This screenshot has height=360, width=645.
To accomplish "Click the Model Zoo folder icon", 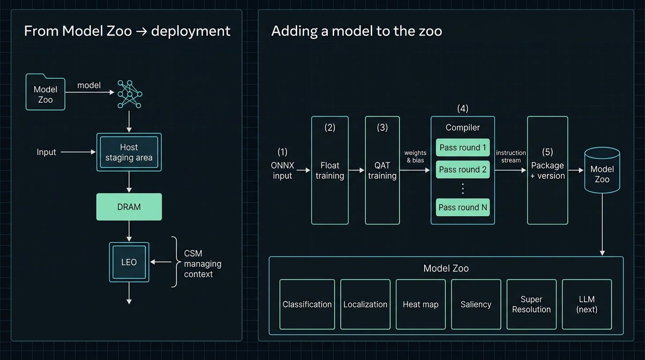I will tap(45, 93).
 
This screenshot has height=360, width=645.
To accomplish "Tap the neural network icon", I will tap(129, 94).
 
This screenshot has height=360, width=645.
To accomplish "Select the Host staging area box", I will tap(129, 152).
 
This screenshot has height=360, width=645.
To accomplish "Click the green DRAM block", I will tap(129, 207).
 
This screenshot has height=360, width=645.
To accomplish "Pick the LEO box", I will tap(129, 262).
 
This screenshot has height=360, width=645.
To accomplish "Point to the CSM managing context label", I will tap(202, 264).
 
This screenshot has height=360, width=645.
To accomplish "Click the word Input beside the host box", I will tap(46, 152).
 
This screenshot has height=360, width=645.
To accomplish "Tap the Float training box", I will tap(330, 171).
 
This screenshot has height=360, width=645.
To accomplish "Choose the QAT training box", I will tap(382, 171).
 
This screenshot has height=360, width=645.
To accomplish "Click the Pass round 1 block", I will tap(463, 148).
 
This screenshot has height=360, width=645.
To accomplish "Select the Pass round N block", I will tap(463, 208).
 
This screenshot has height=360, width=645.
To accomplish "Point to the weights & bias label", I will tap(415, 157).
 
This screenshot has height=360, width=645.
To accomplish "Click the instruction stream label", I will tap(511, 157).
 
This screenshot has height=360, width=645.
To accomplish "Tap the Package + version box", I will tap(547, 171).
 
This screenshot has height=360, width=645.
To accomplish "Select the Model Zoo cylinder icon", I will tap(602, 171).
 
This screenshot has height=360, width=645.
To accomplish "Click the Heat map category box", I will tap(420, 304).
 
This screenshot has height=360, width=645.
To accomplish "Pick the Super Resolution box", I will tap(532, 304).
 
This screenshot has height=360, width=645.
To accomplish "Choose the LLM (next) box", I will tap(587, 304).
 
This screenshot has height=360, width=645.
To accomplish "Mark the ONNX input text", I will tap(282, 171).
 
